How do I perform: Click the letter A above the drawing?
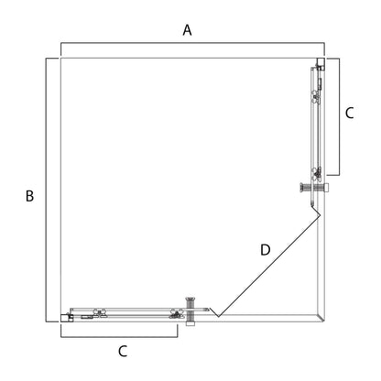click(x=187, y=30)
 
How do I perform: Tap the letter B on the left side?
click(x=29, y=196)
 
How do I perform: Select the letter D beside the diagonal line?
click(x=266, y=250)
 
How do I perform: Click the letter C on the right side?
click(x=349, y=113)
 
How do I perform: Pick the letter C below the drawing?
click(x=123, y=351)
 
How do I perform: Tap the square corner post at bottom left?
click(x=65, y=318)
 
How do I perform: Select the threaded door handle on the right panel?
click(x=314, y=187)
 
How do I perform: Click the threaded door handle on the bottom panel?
click(x=190, y=311)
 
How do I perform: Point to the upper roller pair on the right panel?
click(x=314, y=96)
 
